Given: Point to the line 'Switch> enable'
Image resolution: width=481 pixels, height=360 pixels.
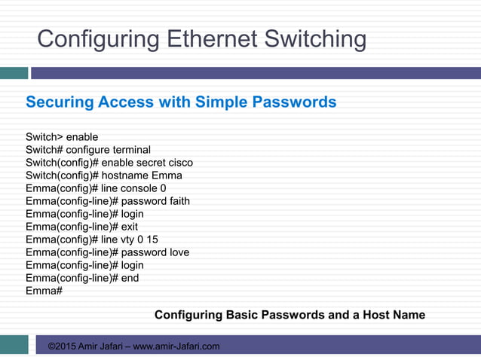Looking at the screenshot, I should [x=62, y=137].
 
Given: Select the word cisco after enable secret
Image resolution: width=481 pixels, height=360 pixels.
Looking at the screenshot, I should [x=179, y=163].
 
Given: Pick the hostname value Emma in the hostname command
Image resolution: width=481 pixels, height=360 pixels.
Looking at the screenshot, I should [x=167, y=175].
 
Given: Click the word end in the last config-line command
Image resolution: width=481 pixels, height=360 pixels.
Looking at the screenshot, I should [x=130, y=278].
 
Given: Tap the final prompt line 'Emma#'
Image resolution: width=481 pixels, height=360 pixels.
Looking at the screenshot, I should [x=44, y=291].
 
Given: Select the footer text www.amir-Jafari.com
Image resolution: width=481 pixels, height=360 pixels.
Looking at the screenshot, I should [x=176, y=346].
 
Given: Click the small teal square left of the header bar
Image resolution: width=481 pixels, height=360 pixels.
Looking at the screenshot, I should [x=14, y=73].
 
